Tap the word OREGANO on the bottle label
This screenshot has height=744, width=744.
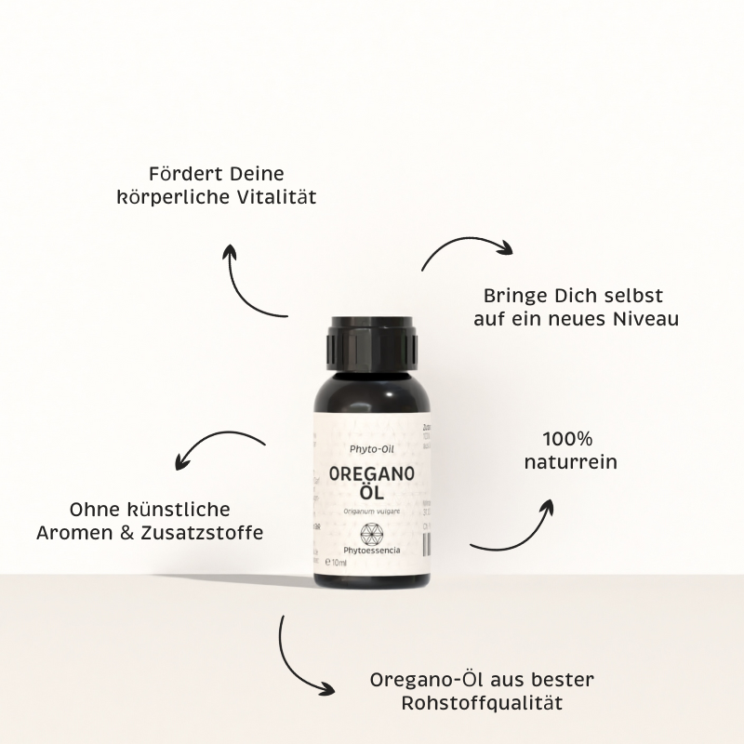tap(371, 473)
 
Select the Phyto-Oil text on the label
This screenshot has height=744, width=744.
tap(370, 448)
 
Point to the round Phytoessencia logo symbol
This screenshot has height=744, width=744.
tap(370, 533)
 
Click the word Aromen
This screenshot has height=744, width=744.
tap(74, 534)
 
